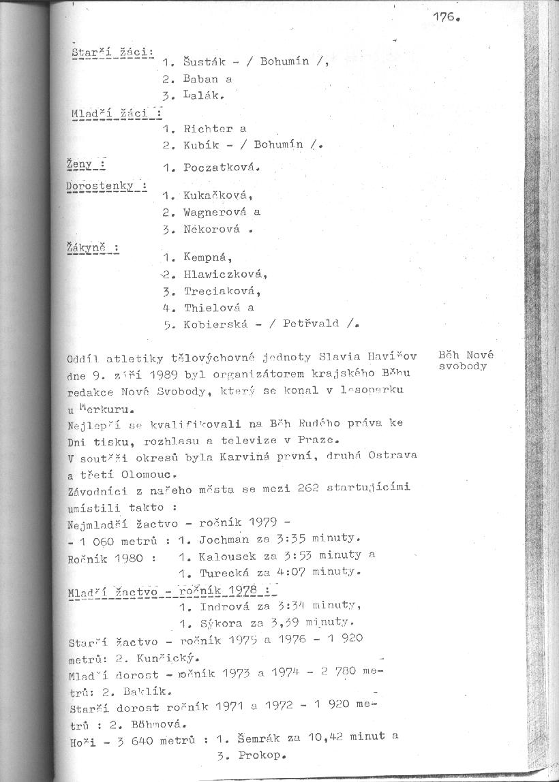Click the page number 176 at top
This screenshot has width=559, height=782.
[x=444, y=18]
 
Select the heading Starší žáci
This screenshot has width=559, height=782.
[x=112, y=52]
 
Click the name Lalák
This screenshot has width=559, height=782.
[x=203, y=96]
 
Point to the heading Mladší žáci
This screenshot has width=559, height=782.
[x=115, y=113]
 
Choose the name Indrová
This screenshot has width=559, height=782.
[x=220, y=606]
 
